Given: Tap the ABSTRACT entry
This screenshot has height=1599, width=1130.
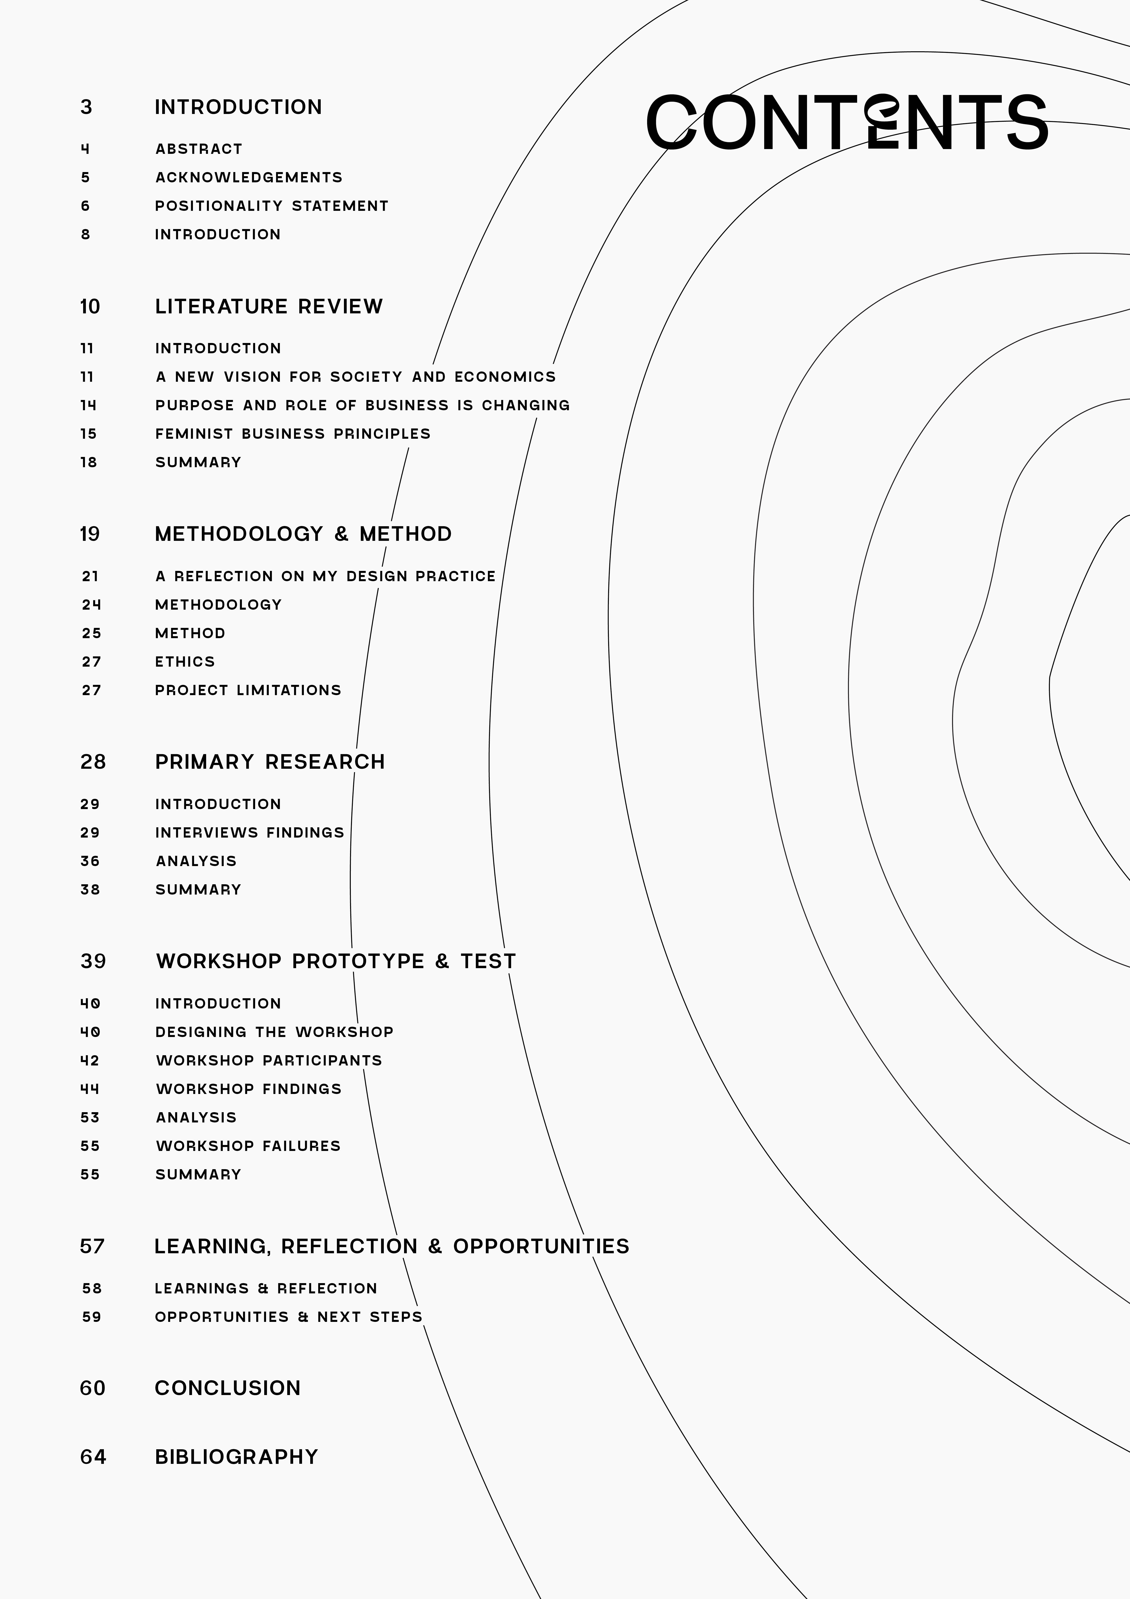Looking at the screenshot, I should tap(198, 149).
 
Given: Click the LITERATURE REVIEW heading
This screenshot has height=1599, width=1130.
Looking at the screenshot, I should tap(269, 307).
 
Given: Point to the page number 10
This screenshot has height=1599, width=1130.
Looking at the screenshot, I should tap(90, 307).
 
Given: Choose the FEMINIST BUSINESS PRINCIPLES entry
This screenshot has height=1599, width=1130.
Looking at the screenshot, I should tap(292, 434).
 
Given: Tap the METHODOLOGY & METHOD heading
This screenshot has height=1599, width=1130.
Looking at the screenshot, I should tap(303, 534).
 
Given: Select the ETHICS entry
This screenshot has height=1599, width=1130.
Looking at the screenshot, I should tap(184, 662).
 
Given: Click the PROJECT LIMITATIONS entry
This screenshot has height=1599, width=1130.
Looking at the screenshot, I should tap(248, 690).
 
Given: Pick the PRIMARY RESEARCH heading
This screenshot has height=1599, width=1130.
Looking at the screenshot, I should tap(269, 762).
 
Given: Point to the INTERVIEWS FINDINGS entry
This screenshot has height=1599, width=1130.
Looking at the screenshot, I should tap(249, 833).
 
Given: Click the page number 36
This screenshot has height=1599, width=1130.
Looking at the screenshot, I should tap(90, 861).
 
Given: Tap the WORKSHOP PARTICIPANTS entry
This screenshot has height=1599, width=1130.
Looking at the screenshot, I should tap(269, 1061).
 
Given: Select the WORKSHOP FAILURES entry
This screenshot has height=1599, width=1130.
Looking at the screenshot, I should tap(248, 1146).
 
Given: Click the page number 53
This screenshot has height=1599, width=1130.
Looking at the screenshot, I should tap(90, 1118).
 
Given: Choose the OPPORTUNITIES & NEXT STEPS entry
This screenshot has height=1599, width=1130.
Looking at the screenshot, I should tap(288, 1317).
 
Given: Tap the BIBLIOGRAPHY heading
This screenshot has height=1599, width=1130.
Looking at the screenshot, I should tap(236, 1457).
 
